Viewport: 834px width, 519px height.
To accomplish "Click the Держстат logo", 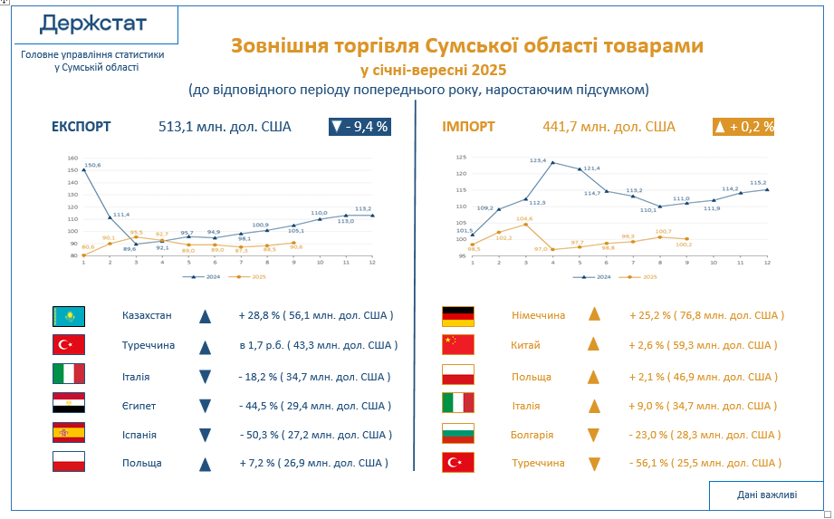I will (x=92, y=24).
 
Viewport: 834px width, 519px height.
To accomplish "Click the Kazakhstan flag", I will (x=69, y=316).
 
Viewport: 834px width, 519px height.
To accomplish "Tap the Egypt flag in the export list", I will (x=69, y=405).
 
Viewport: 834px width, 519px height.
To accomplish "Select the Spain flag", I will (x=69, y=433).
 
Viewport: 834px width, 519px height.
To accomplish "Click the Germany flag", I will (x=457, y=315).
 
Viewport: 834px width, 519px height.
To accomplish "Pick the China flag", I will (x=457, y=344).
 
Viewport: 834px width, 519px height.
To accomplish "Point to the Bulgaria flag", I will (x=457, y=434).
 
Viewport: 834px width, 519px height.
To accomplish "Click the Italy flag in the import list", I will (x=457, y=405).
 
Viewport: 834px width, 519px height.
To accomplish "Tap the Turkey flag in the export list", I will (x=69, y=345).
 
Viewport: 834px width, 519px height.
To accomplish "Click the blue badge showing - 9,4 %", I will (x=359, y=127).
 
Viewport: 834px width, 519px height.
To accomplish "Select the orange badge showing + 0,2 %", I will (x=743, y=127).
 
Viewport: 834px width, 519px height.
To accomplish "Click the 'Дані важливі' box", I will (x=766, y=495).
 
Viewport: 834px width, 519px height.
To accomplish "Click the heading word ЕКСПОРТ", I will (x=81, y=127).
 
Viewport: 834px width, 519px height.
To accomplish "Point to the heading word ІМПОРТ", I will (x=468, y=127).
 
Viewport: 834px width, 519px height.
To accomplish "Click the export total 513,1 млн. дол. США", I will (x=225, y=127).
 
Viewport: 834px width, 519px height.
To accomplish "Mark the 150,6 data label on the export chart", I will (x=91, y=165).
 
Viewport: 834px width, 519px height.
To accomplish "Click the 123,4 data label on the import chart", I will (x=538, y=160).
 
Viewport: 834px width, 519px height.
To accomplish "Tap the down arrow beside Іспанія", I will (x=205, y=435).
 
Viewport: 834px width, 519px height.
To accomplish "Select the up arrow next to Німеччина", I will (x=594, y=314).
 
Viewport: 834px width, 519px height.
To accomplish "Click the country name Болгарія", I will (x=532, y=435).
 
